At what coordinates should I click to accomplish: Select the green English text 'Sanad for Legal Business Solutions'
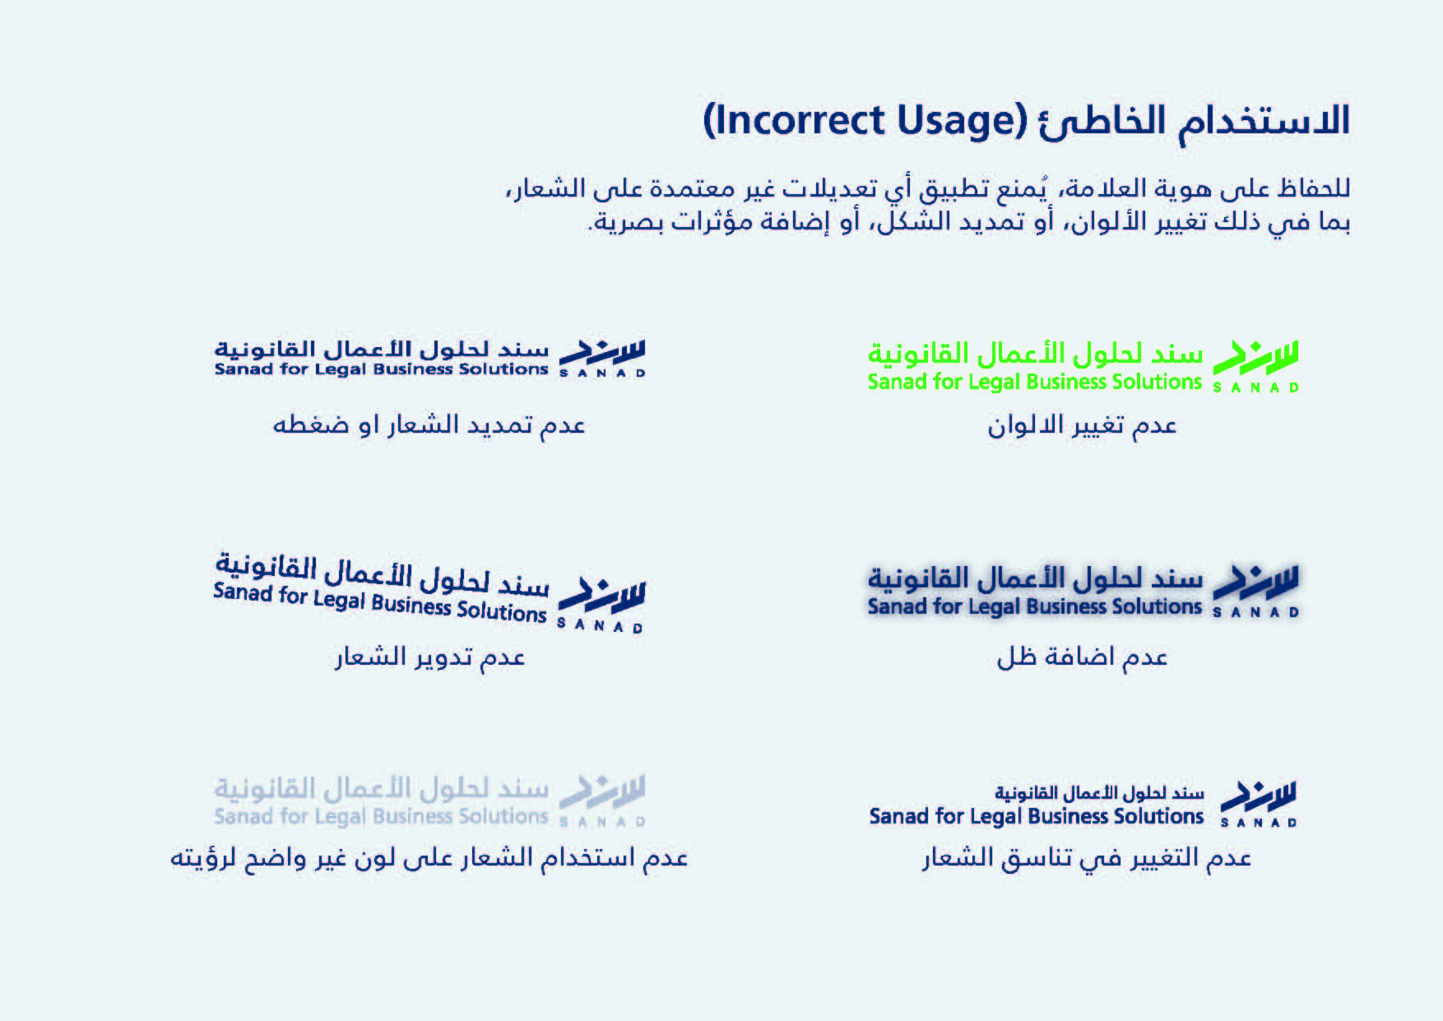(1035, 382)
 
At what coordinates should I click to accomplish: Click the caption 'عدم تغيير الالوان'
(1082, 425)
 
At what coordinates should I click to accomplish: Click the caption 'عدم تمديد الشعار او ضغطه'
(429, 425)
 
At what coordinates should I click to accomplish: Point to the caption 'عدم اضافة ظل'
(1082, 657)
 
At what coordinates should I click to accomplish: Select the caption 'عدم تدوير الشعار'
(429, 657)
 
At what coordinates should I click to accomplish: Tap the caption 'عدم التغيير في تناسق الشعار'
(1086, 858)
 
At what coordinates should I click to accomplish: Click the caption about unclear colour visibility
(429, 858)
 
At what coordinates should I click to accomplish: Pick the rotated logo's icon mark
(601, 605)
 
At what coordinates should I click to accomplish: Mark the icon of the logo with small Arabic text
(1259, 804)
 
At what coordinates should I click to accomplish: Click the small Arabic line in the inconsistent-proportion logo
(1099, 793)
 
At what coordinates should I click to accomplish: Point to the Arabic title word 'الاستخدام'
(1265, 122)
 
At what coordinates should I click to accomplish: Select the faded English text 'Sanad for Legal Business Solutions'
(381, 816)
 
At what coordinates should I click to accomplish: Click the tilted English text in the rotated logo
(380, 602)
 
